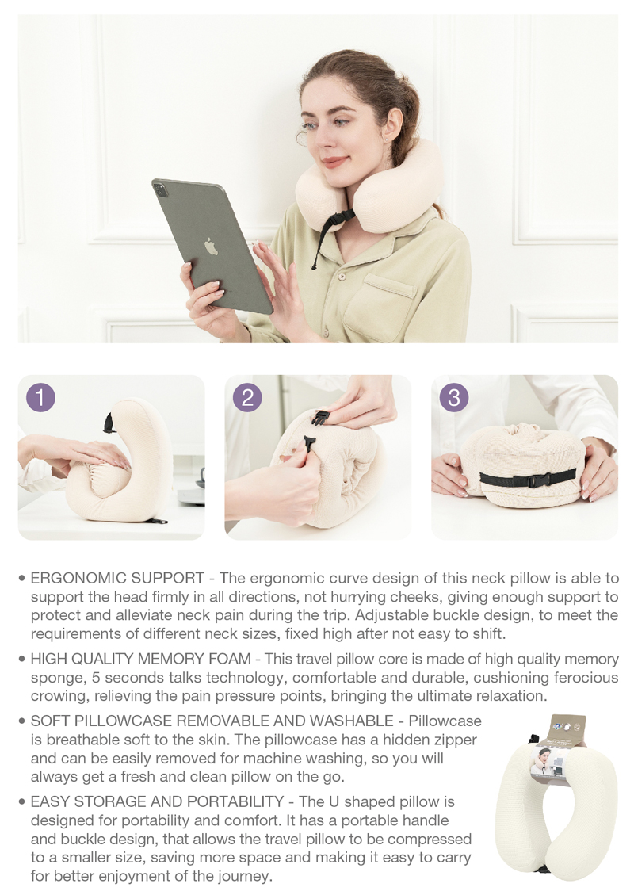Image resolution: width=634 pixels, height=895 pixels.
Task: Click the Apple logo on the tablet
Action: pyautogui.click(x=211, y=246)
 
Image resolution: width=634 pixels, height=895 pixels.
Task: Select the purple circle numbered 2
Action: pyautogui.click(x=247, y=397)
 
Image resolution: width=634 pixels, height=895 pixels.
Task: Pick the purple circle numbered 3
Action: pyautogui.click(x=453, y=397)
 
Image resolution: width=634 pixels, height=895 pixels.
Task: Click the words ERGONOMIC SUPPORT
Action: pyautogui.click(x=117, y=578)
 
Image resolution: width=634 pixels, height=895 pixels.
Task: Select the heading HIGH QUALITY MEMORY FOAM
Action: pyautogui.click(x=140, y=659)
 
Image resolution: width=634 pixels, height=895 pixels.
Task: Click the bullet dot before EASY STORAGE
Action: pyautogui.click(x=22, y=802)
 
